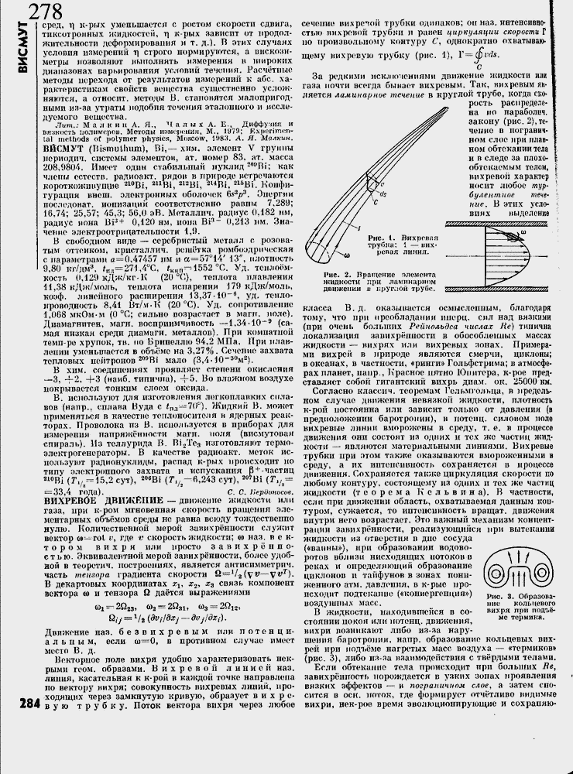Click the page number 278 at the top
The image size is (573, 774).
45,13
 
